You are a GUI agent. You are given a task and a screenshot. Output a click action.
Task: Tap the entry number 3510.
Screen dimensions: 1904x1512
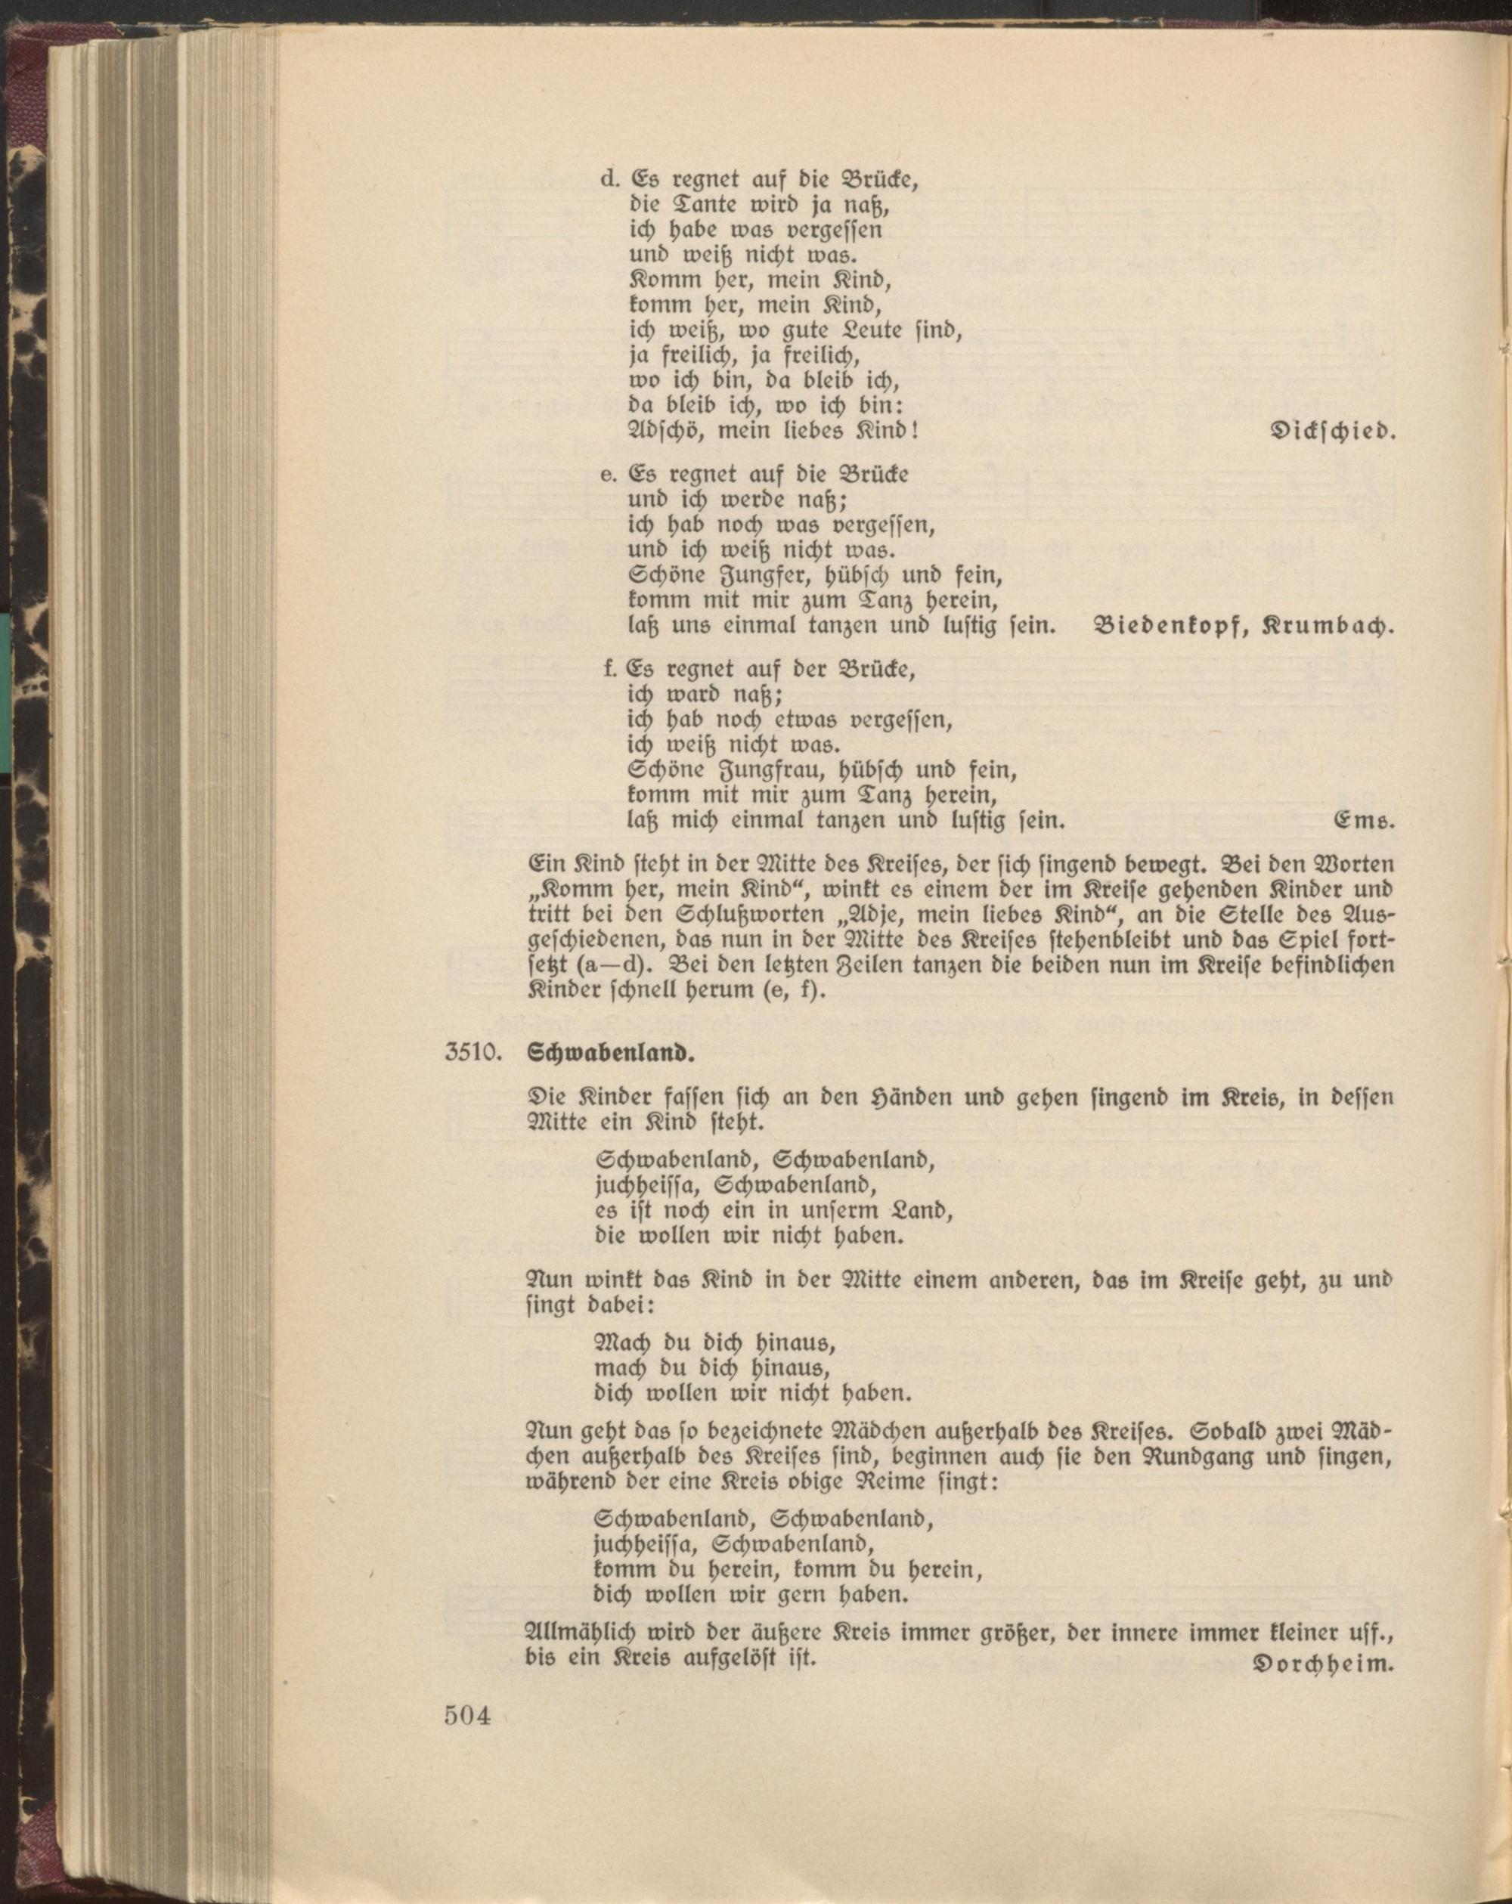(473, 1054)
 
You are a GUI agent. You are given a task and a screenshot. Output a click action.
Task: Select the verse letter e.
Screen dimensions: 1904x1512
(607, 475)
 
